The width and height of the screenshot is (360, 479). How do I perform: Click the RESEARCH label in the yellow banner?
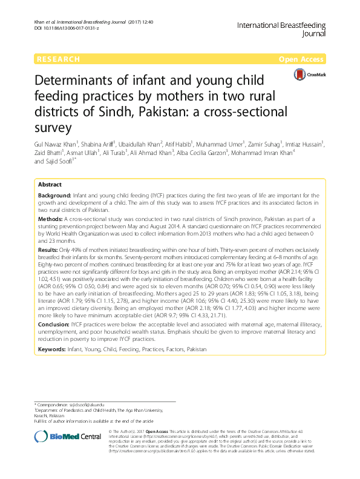click(x=58, y=59)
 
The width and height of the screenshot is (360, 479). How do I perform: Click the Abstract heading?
click(x=50, y=183)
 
